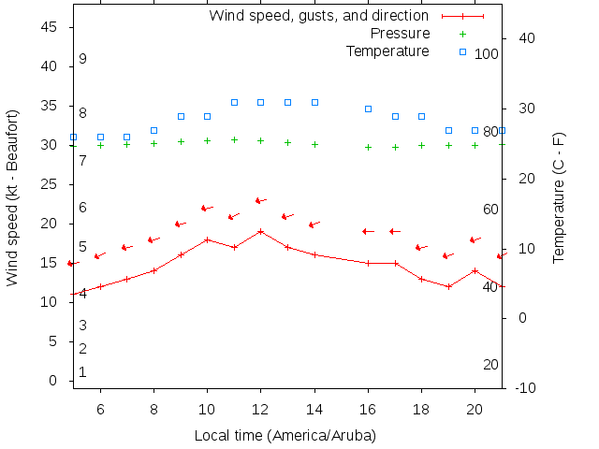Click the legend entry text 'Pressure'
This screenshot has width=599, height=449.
[x=401, y=34]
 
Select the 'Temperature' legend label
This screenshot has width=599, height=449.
[x=387, y=51]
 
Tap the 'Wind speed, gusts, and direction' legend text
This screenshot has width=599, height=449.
[x=319, y=16]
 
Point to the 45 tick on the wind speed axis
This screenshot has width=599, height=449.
[x=51, y=27]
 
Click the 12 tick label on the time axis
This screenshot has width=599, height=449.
[x=261, y=409]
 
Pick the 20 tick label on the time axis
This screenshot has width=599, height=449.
[x=475, y=409]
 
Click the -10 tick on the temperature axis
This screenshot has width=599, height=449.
[x=525, y=387]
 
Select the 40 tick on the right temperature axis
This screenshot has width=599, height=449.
[x=526, y=38]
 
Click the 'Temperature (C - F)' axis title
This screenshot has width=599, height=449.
[x=559, y=196]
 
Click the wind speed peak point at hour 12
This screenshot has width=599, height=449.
[x=261, y=231]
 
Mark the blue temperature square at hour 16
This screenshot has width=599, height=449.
[x=369, y=109]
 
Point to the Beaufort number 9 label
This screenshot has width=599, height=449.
[x=83, y=59]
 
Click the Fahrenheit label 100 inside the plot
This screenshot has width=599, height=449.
[x=487, y=54]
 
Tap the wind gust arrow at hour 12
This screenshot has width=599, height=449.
[x=261, y=200]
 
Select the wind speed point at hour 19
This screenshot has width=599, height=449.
[x=449, y=286]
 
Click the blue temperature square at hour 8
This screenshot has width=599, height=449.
[x=154, y=130]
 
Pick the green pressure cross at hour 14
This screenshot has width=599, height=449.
[x=315, y=144]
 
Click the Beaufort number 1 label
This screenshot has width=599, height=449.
[x=83, y=372]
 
